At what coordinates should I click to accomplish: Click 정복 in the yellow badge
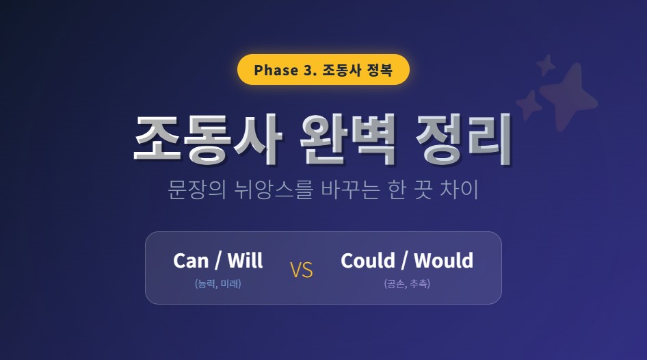[x=380, y=70]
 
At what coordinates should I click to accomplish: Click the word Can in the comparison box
[x=190, y=261]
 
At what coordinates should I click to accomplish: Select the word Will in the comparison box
[x=244, y=261]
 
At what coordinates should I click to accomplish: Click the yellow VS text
[x=301, y=270]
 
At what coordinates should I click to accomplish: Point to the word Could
[x=368, y=261]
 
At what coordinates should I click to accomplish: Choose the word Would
[x=443, y=261]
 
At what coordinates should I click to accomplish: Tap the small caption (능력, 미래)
[x=217, y=283]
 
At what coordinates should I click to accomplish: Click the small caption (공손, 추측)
[x=406, y=283]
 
